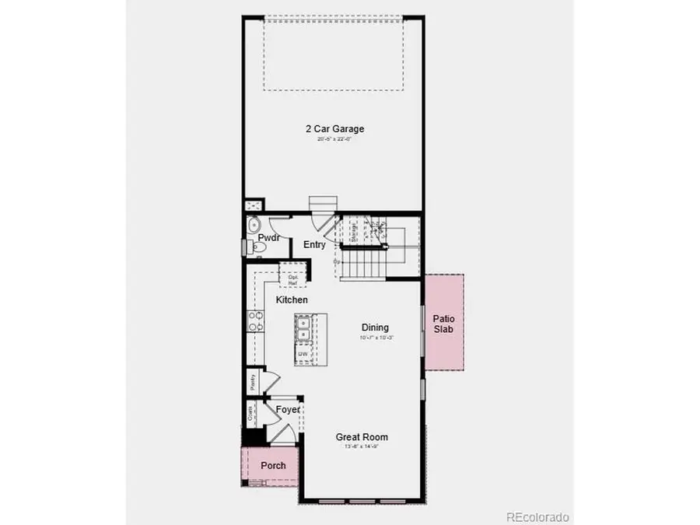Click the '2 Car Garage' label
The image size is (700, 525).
coord(334,129)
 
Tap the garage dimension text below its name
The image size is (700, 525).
coord(334,139)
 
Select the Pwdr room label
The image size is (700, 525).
coord(269,238)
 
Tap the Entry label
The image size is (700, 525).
coord(314,244)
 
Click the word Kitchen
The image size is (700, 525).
coord(292,299)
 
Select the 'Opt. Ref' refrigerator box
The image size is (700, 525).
coord(293,278)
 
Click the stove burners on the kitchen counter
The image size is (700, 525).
coord(254,321)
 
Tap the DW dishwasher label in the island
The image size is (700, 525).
coord(303,355)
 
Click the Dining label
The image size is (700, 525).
coord(375,327)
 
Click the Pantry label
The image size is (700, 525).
coord(253,382)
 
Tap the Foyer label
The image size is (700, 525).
coord(288,409)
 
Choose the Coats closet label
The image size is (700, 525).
coord(250,413)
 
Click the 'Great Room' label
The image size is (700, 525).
coord(362,437)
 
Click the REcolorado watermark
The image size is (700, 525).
coord(537,516)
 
